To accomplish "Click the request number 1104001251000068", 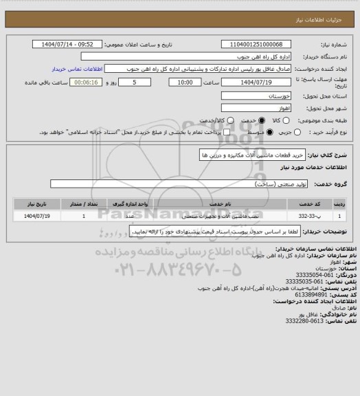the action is point(257,45).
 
